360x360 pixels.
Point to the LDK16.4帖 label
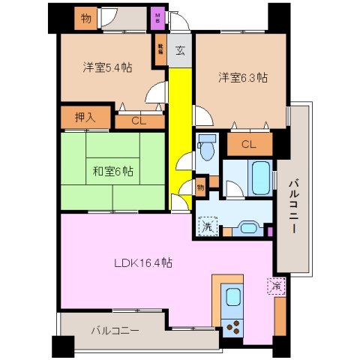tap(144, 263)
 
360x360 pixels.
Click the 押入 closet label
tap(85, 117)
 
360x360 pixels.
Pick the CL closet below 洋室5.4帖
tap(139, 120)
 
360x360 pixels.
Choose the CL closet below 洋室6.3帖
tap(249, 145)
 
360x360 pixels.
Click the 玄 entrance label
tap(181, 51)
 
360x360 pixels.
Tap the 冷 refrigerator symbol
tap(277, 286)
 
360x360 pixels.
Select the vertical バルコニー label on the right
tap(294, 204)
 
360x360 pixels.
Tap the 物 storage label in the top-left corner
tap(86, 19)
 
